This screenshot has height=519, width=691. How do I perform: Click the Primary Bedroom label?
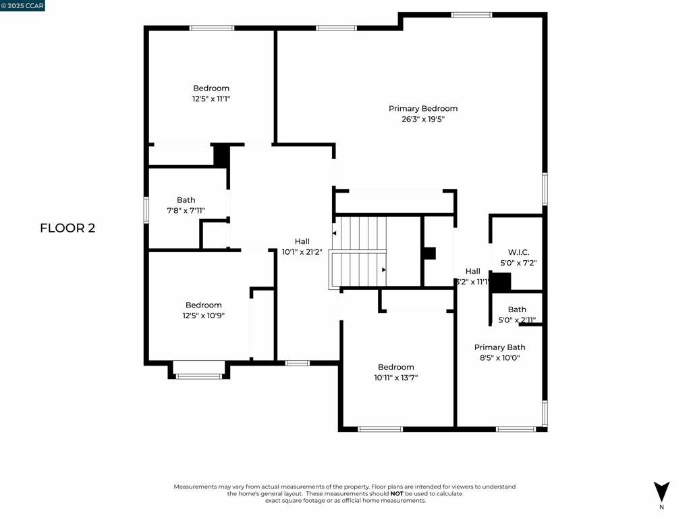click(423, 109)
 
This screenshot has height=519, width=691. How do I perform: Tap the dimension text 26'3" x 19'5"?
click(423, 119)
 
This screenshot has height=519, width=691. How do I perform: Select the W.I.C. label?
click(518, 252)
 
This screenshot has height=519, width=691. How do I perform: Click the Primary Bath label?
click(499, 347)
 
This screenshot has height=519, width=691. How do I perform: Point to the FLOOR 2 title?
click(67, 228)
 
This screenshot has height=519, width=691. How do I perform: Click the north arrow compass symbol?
click(661, 491)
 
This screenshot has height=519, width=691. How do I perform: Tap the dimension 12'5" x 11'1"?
click(211, 99)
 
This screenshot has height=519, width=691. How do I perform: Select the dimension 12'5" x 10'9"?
click(204, 315)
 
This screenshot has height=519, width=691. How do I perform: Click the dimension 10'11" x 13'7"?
click(396, 378)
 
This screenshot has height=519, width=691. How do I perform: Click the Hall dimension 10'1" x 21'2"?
click(302, 251)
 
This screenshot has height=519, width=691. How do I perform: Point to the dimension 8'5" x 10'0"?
click(499, 357)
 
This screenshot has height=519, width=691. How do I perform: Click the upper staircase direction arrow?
click(334, 233)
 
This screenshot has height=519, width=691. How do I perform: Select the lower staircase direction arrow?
click(383, 270)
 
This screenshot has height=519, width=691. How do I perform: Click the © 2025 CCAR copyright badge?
click(22, 6)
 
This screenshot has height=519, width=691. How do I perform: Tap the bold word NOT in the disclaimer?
click(397, 494)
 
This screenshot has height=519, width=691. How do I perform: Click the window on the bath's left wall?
click(146, 209)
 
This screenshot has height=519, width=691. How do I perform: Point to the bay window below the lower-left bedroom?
click(198, 376)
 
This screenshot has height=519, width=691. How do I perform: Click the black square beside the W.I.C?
click(500, 282)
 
